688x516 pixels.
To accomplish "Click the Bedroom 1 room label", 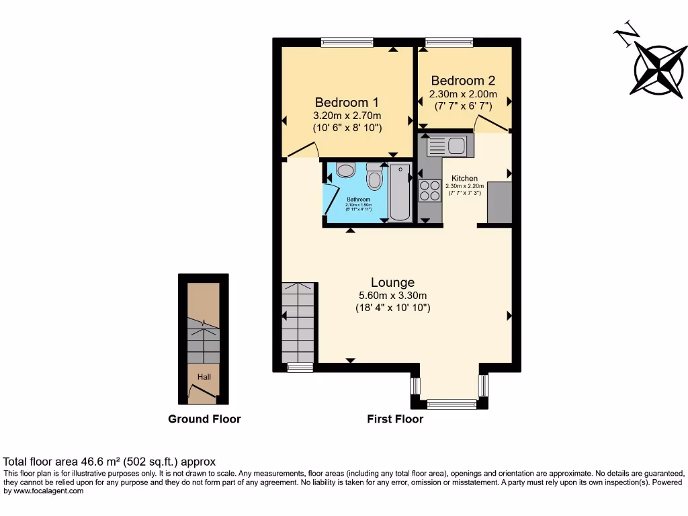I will (347, 103).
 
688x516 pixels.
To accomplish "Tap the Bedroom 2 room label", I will (463, 80).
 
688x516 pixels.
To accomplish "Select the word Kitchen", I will (464, 179).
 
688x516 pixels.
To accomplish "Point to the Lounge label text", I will (392, 283).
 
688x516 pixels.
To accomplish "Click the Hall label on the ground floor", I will (204, 377).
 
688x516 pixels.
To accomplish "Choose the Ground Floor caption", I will (204, 419).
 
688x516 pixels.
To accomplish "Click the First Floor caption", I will (395, 419).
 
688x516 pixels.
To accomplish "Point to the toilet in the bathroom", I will (374, 178).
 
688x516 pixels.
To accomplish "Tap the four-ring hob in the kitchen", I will (429, 191).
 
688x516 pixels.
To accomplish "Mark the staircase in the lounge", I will (298, 322).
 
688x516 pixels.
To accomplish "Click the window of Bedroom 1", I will (342, 42).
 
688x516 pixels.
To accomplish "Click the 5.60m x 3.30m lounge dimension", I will (392, 296).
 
